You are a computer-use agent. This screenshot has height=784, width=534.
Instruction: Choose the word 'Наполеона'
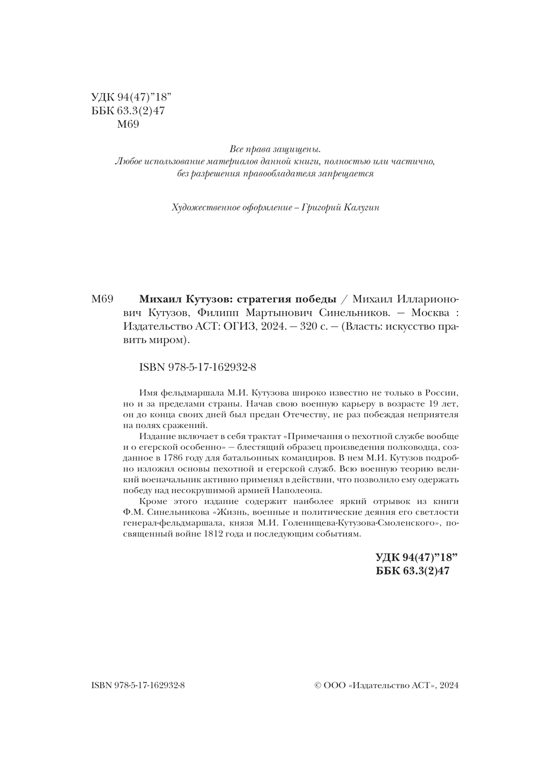[303, 490]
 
